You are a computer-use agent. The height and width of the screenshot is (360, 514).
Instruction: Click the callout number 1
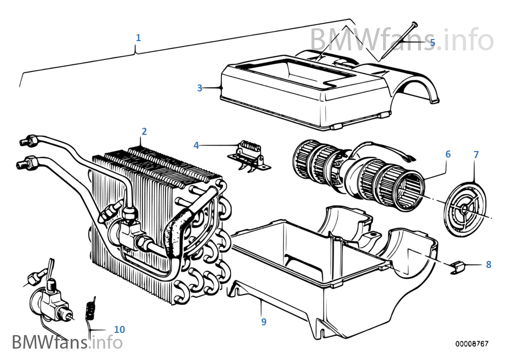[x=138, y=37]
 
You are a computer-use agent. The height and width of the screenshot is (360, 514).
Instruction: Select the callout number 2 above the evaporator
[x=144, y=132]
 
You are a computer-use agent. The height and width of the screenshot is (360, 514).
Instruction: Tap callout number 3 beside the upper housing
[x=200, y=88]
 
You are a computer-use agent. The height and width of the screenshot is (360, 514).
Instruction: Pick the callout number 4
[x=196, y=145]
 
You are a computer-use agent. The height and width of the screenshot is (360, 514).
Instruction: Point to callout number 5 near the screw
[x=432, y=42]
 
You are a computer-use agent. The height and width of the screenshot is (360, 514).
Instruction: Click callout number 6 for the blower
[x=448, y=154]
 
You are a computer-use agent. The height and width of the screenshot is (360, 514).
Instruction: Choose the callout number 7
[x=476, y=155]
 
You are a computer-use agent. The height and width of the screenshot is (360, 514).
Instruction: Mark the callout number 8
[x=489, y=265]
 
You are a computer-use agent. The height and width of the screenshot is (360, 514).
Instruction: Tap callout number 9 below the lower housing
[x=263, y=322]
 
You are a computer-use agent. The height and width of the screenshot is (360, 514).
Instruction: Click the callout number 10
[x=119, y=329]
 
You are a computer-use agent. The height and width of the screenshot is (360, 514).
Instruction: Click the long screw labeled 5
[x=398, y=41]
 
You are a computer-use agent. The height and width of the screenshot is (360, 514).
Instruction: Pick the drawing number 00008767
[x=472, y=344]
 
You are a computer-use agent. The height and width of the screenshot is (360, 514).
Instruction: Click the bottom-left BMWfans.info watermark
[x=67, y=342]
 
